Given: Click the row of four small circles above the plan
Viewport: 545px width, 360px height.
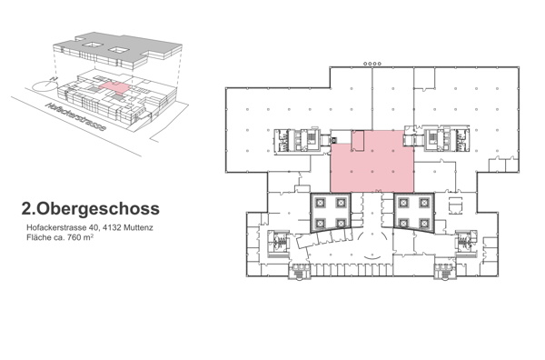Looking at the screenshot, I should (371, 63).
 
